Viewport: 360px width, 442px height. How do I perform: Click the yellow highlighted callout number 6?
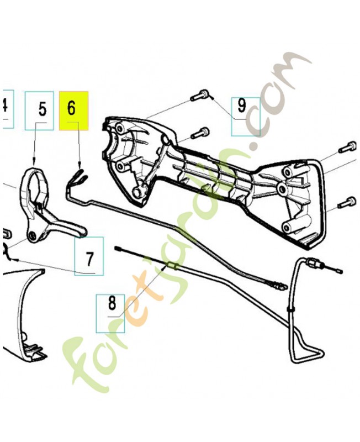(x=73, y=109)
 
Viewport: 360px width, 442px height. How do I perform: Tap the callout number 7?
(x=89, y=256)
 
